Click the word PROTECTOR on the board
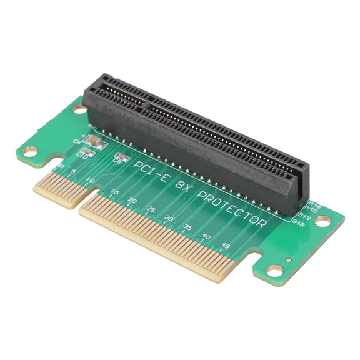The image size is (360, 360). coord(232,210)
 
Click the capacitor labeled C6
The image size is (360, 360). coord(91,142)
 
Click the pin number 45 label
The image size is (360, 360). coord(225,246)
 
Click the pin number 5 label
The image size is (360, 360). coord(74,172)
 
